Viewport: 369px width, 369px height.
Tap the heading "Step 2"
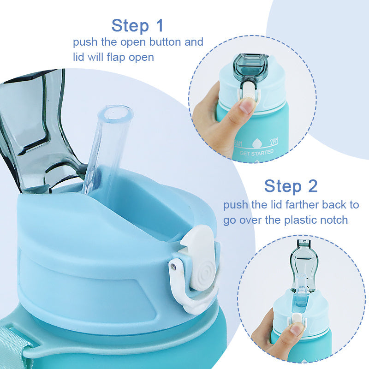click(291, 186)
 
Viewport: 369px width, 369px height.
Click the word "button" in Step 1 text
click(166, 42)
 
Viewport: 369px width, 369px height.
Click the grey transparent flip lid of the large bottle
click(37, 129)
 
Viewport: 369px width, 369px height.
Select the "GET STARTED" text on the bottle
click(256, 152)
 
